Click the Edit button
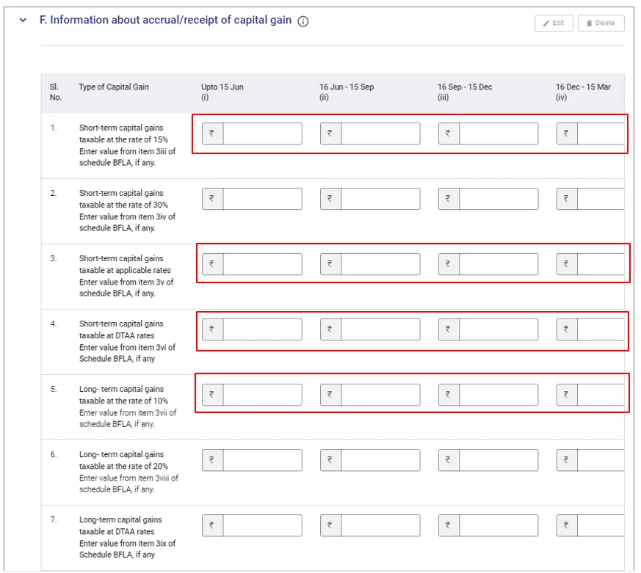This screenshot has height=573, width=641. (554, 23)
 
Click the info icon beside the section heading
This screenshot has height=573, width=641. (303, 21)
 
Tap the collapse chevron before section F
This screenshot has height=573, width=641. (23, 20)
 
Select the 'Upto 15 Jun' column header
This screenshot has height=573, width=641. (222, 92)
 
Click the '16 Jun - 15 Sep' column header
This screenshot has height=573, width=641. (347, 92)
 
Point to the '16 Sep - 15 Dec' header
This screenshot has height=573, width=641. (465, 92)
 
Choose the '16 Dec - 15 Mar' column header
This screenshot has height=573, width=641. (583, 92)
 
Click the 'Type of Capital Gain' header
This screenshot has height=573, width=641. (114, 87)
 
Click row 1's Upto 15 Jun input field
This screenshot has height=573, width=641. (262, 134)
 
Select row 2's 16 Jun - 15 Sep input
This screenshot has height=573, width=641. (380, 199)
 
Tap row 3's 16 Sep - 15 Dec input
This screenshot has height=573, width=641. (499, 264)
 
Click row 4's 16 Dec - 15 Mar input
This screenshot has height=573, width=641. (601, 329)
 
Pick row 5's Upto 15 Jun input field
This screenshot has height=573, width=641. (262, 395)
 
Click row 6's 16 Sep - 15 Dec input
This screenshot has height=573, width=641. (499, 460)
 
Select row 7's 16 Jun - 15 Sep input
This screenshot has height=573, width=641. (380, 525)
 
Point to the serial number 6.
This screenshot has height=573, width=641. (54, 455)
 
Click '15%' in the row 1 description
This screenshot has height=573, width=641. (161, 139)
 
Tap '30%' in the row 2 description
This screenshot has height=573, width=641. (161, 205)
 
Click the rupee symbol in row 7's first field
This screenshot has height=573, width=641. (211, 525)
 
